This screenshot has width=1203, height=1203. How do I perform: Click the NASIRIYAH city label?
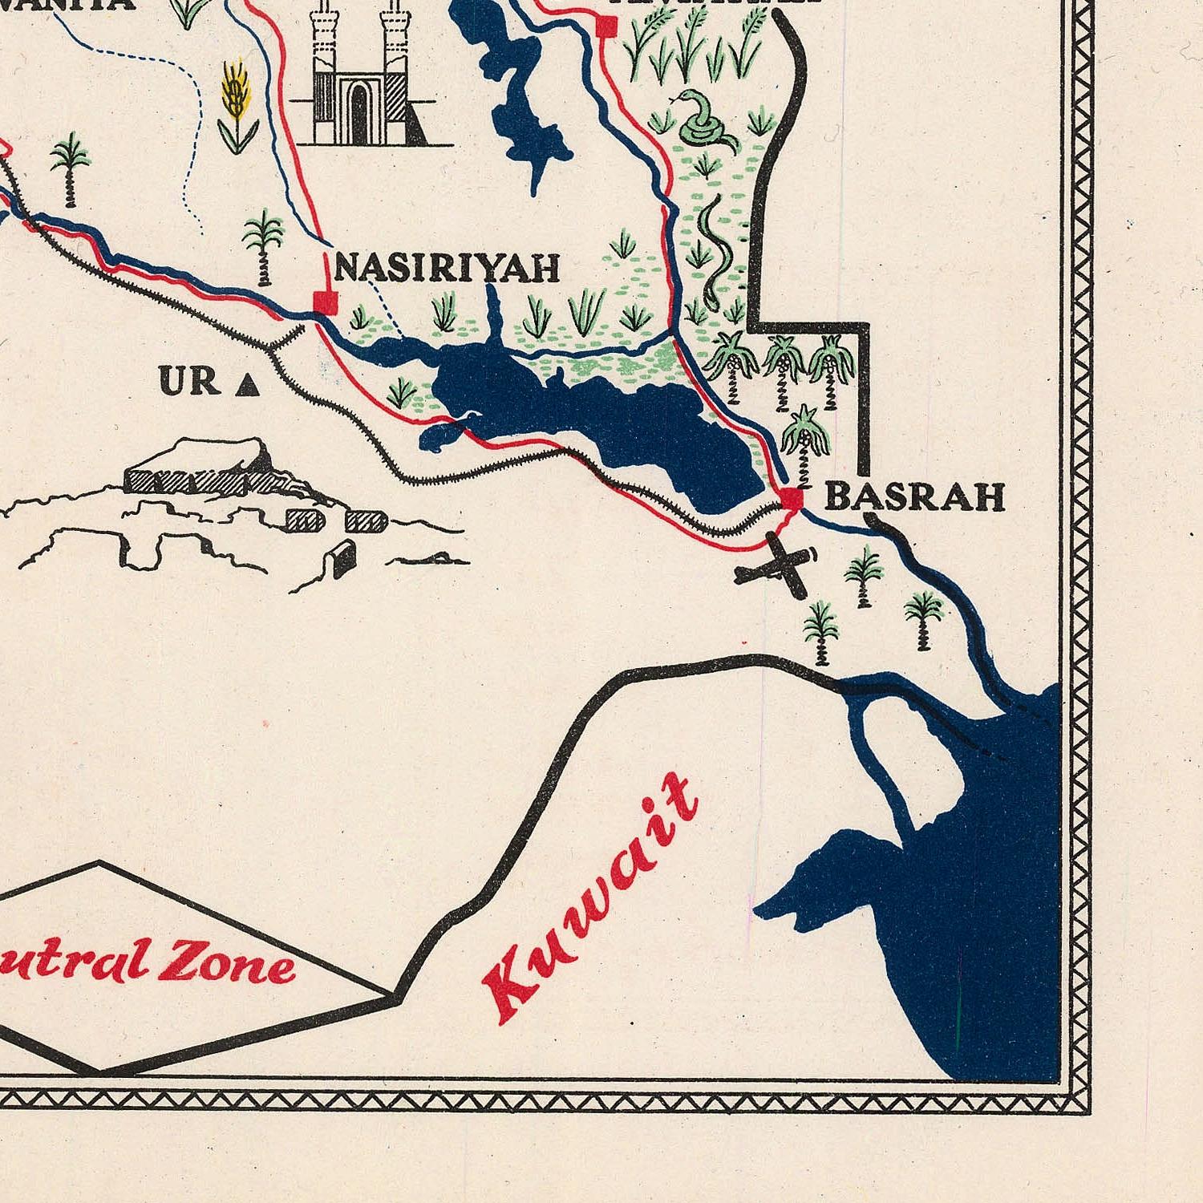point(447,267)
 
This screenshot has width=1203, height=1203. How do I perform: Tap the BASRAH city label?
point(914,497)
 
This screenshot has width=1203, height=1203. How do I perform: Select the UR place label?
point(190,382)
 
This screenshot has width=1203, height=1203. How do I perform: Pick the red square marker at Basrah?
point(792,497)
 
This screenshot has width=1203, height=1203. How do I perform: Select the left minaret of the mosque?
point(326,48)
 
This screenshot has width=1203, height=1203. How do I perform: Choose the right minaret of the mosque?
point(393,48)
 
